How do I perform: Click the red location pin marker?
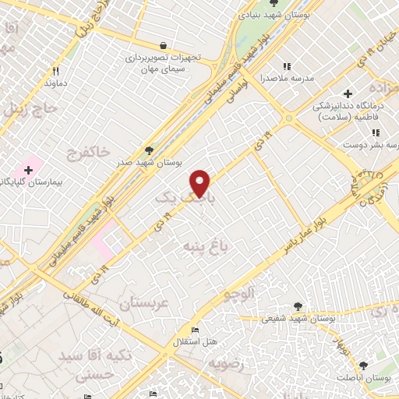[x=201, y=182]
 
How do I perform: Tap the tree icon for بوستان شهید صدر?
[x=150, y=150]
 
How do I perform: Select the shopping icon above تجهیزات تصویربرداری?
[x=162, y=45]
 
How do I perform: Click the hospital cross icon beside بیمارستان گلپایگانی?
[x=28, y=169]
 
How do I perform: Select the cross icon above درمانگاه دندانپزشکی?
[x=348, y=94]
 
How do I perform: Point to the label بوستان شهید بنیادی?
[x=314, y=13]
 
